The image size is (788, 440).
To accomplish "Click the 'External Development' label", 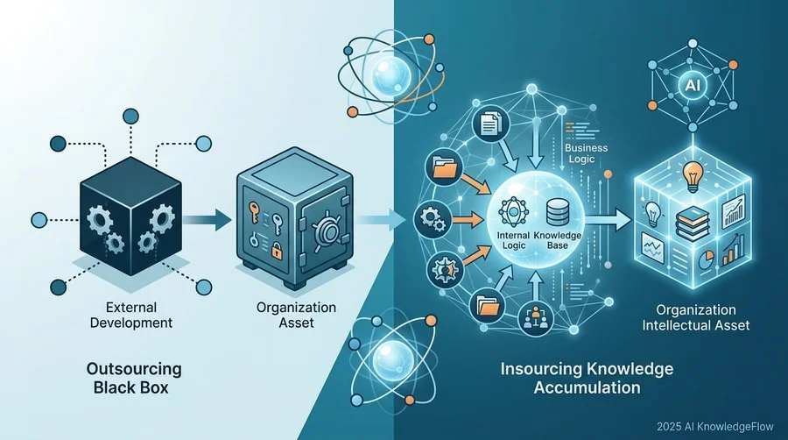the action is (x=131, y=315).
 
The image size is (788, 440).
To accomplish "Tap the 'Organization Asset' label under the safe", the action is (x=296, y=315).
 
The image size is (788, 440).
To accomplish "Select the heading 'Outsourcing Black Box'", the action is (x=134, y=378).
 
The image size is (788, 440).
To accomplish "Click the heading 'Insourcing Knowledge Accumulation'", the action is (x=587, y=378).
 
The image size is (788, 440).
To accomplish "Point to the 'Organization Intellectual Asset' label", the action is (x=696, y=317).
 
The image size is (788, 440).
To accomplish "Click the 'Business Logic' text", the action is (x=586, y=153).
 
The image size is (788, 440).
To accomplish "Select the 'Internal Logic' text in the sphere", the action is (x=513, y=240).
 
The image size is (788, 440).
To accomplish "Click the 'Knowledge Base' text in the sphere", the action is (x=558, y=240).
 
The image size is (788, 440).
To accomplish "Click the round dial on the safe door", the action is (x=326, y=231).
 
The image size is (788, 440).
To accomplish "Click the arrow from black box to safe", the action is (x=207, y=220).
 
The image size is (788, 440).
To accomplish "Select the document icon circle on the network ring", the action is (x=490, y=124).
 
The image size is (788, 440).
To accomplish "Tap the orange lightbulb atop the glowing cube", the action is (x=692, y=176).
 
